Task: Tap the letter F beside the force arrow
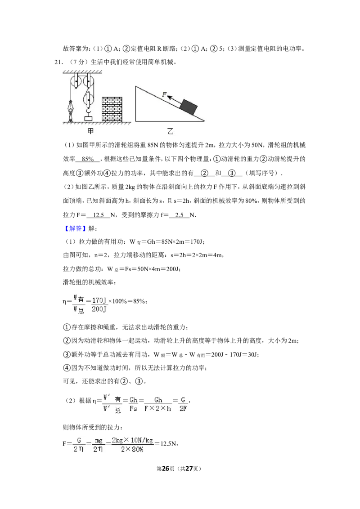pos(164,94)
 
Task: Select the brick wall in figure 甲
pos(112,109)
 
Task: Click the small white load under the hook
pos(88,119)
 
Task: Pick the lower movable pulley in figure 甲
pos(88,98)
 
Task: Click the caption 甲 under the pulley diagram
pos(90,131)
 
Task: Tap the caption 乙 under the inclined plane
pos(170,131)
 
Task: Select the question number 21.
pos(58,62)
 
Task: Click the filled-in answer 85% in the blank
pos(88,159)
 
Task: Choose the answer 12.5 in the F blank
pos(99,215)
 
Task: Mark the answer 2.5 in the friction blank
pos(180,215)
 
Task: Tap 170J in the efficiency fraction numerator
pos(99,300)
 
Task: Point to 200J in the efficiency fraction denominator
pos(99,309)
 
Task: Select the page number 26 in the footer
pos(166,469)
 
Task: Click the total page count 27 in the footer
pos(189,469)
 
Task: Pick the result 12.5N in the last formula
pos(169,443)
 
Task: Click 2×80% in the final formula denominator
pos(132,450)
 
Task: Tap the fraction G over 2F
pos(183,404)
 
